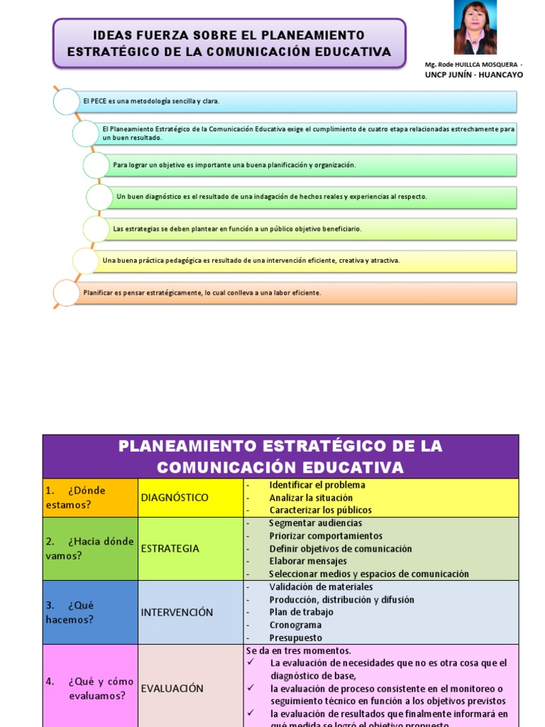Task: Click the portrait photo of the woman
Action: [x=475, y=28]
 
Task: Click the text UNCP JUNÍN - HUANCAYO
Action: [x=473, y=75]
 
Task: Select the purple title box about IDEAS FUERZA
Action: [x=229, y=43]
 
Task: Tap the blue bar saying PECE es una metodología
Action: [x=298, y=101]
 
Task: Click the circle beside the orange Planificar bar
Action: [x=66, y=293]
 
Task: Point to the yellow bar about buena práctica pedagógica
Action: [x=305, y=261]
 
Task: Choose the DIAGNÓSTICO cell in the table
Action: [x=190, y=497]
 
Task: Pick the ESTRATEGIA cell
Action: [x=190, y=548]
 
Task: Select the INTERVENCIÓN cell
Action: [x=190, y=612]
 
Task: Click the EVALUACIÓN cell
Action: [x=190, y=688]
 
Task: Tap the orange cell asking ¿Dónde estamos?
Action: [x=90, y=497]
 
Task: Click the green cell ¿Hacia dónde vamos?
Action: [x=90, y=548]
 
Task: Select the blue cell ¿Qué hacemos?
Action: [x=90, y=612]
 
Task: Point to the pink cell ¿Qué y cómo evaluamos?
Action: [x=90, y=688]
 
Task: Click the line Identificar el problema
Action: [x=317, y=485]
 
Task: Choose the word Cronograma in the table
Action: [x=295, y=625]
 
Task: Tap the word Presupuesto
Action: [x=295, y=638]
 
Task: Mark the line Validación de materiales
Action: [x=321, y=587]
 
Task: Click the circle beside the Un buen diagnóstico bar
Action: [x=99, y=197]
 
